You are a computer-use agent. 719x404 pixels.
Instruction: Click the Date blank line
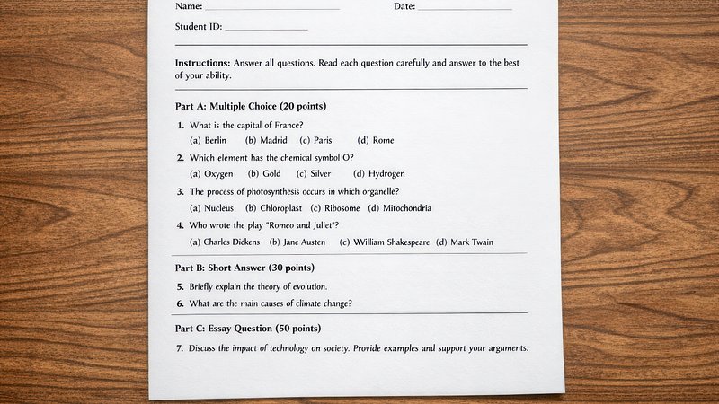[x=465, y=8]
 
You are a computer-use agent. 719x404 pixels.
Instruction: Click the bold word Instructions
[x=202, y=64]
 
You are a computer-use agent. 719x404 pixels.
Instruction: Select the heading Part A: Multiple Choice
[x=250, y=106]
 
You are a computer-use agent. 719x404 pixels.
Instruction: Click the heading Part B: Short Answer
[x=244, y=268]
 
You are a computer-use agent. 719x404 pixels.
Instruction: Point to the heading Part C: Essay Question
[x=247, y=329]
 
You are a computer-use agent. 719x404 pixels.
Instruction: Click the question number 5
[x=181, y=286]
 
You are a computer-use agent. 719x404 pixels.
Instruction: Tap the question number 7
[x=180, y=348]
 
